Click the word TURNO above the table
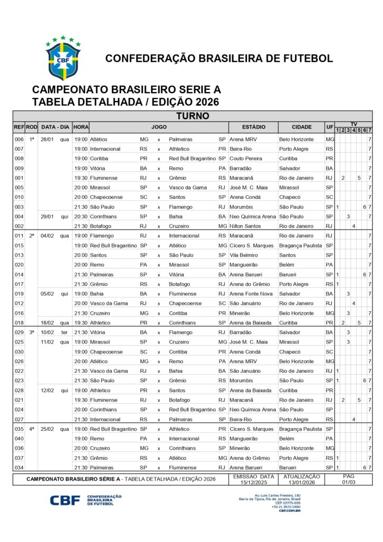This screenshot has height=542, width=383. click(193, 116)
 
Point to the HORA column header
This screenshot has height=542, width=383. click(81, 128)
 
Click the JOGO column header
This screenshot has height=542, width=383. click(159, 128)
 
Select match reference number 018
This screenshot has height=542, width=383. click(19, 322)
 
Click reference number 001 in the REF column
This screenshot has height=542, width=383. click(19, 178)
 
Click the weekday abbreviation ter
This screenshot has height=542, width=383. click(65, 332)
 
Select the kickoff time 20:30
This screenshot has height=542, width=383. click(81, 216)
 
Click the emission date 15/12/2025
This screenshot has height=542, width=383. click(253, 482)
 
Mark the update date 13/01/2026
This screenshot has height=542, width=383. click(302, 482)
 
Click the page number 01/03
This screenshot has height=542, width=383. click(349, 482)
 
